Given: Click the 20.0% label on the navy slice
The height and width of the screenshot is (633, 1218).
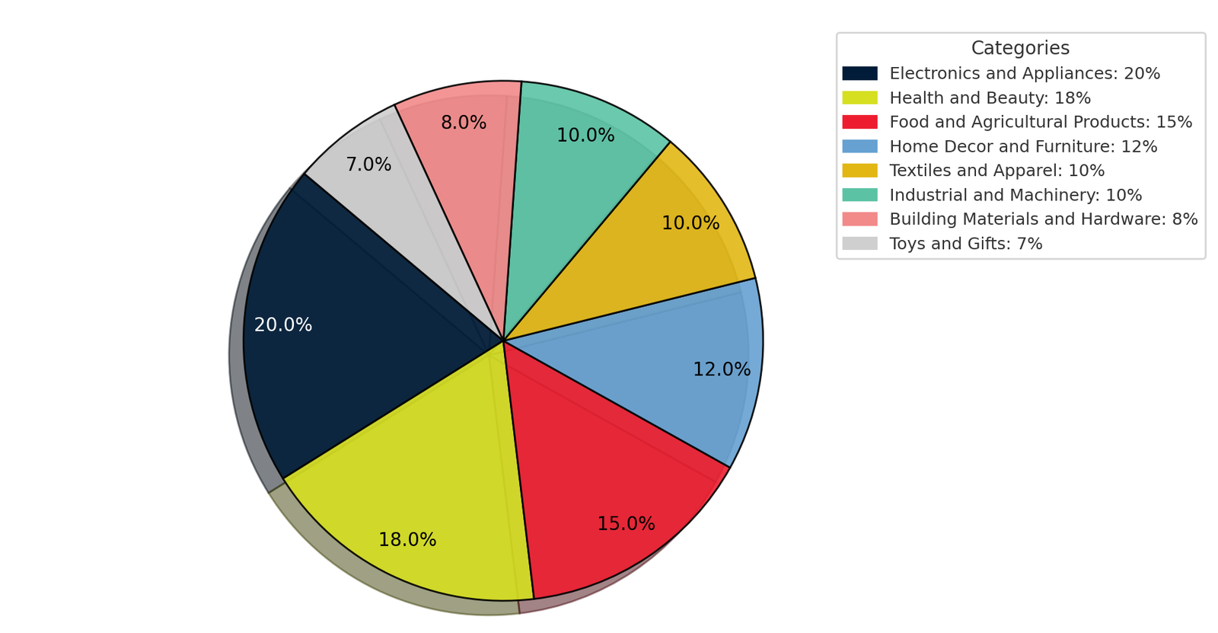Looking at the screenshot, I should click(283, 325).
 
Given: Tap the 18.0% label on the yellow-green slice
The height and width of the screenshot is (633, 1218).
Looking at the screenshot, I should click(407, 540).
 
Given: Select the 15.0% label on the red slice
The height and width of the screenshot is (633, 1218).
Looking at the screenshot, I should click(626, 524).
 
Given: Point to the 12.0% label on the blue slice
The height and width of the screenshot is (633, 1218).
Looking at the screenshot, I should click(721, 369).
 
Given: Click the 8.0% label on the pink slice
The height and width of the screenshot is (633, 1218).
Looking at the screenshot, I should click(464, 123).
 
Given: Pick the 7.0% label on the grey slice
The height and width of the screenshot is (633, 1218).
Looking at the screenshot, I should click(368, 165).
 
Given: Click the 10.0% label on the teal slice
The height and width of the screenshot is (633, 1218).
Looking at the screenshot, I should click(585, 136).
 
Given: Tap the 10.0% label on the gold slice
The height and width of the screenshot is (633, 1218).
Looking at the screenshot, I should click(690, 223).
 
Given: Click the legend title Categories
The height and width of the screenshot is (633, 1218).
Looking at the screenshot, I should click(1020, 48).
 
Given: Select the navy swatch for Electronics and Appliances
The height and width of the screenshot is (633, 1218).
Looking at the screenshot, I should click(859, 74).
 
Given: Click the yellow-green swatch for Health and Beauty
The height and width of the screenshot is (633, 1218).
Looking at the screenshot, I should click(859, 98).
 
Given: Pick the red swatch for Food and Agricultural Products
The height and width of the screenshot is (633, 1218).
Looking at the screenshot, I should click(859, 122).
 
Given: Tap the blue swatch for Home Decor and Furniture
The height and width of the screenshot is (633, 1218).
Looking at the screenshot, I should click(859, 146).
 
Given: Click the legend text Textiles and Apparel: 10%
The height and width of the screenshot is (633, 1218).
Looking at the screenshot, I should click(996, 171).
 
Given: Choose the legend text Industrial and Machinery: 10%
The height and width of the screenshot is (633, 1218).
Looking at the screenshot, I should click(1016, 195).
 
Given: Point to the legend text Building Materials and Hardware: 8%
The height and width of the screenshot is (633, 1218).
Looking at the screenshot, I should click(1043, 219).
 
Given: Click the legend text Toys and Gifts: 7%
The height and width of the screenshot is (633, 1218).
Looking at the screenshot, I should click(965, 244).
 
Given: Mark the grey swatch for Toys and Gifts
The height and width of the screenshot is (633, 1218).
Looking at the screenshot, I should click(859, 244).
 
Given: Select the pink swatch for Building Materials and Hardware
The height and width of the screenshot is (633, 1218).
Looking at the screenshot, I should click(859, 219).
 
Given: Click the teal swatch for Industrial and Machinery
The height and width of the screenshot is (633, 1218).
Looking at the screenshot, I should click(859, 195).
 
